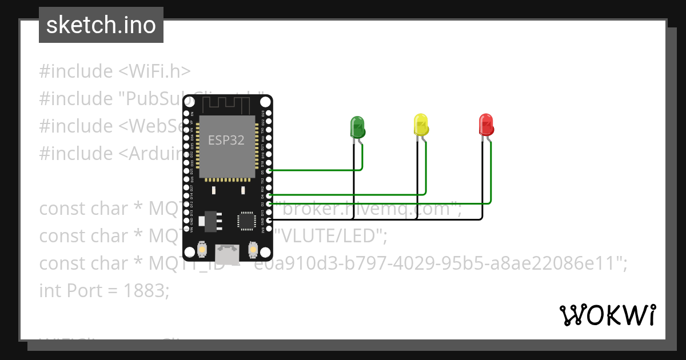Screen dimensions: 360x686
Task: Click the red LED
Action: coord(485,125)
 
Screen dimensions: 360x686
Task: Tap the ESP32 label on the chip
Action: coord(226,141)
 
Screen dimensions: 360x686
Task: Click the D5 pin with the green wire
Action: coord(269,170)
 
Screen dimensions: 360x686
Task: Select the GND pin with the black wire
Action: coord(269,219)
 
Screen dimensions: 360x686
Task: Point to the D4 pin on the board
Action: coord(269,195)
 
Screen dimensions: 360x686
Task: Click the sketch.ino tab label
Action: coord(101,25)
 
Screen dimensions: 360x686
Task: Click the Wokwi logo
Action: coord(607,315)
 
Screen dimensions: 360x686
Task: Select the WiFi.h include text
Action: coord(154,71)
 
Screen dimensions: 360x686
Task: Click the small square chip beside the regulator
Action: coord(246,220)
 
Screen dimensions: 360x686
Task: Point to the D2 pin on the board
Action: coord(269,203)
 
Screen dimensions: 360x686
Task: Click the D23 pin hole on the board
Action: coord(269,113)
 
